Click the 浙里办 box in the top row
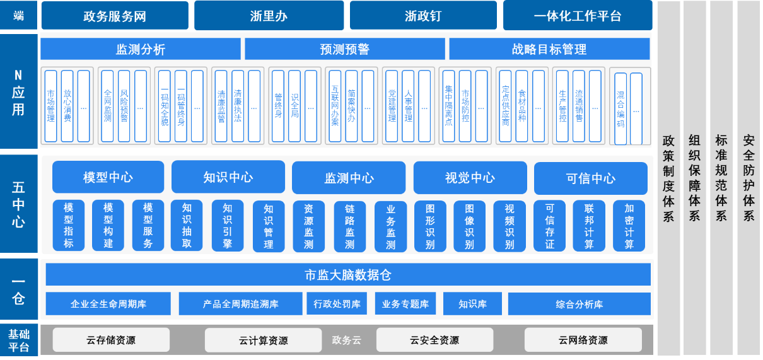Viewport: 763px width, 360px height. click(269, 16)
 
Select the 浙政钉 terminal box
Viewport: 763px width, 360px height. click(423, 16)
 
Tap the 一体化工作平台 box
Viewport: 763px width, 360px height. click(577, 16)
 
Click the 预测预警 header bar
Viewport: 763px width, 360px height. click(344, 49)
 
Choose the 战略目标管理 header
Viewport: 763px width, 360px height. click(549, 49)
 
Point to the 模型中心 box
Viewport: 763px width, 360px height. click(108, 177)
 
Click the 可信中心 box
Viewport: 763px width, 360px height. click(590, 178)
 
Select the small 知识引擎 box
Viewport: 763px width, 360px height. click(228, 226)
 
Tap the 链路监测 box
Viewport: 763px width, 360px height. click(349, 226)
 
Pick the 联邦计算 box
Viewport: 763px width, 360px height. click(589, 226)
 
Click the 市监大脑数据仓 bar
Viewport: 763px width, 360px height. click(348, 275)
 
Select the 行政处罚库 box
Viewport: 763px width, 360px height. click(337, 304)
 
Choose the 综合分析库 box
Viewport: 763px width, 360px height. click(579, 304)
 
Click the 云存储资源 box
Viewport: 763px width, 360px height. click(111, 340)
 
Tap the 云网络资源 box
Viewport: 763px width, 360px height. click(583, 340)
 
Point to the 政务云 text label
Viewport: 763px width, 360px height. click(346, 340)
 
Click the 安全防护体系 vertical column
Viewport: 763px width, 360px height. click(748, 178)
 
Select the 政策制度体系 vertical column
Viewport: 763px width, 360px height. click(668, 178)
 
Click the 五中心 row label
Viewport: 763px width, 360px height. click(19, 205)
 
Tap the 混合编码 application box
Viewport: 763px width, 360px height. click(620, 109)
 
